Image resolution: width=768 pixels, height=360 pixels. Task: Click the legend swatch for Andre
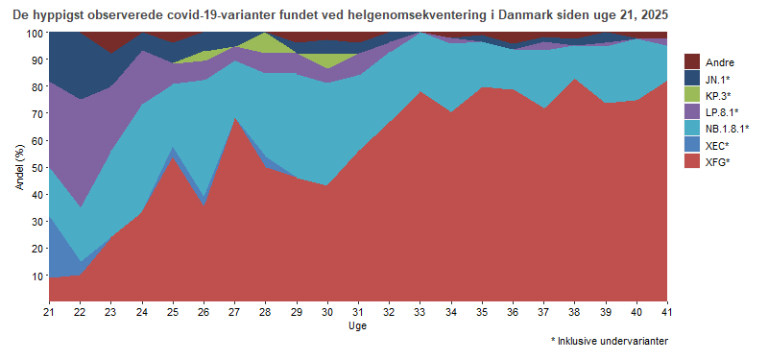[x=693, y=61]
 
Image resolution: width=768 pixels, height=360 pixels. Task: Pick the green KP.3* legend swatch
[x=693, y=95]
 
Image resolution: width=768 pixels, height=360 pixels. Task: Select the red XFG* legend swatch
[x=693, y=162]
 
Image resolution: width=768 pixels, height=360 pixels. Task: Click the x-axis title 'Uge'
[x=357, y=326]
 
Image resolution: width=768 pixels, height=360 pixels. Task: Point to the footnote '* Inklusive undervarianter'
[x=609, y=341]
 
